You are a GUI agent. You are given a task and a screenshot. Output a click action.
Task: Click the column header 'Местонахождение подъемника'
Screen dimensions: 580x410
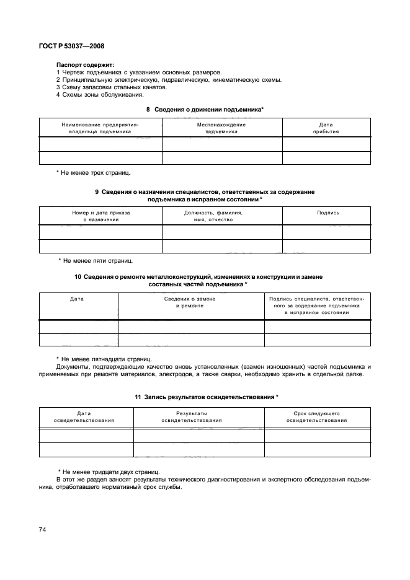tap(221, 128)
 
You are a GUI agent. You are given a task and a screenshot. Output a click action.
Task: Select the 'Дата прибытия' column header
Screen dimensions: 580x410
tap(326, 128)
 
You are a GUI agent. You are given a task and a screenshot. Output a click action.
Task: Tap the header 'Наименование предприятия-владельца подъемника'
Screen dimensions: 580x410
tap(100, 128)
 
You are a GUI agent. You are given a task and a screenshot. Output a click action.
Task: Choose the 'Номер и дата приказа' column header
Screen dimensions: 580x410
tap(100, 216)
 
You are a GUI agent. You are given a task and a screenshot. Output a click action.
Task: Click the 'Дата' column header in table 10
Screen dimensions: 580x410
tap(78, 298)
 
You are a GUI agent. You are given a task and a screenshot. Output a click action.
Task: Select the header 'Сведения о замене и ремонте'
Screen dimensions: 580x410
tap(190, 302)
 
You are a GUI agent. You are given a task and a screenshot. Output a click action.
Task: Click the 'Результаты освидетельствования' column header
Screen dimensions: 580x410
tap(191, 416)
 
